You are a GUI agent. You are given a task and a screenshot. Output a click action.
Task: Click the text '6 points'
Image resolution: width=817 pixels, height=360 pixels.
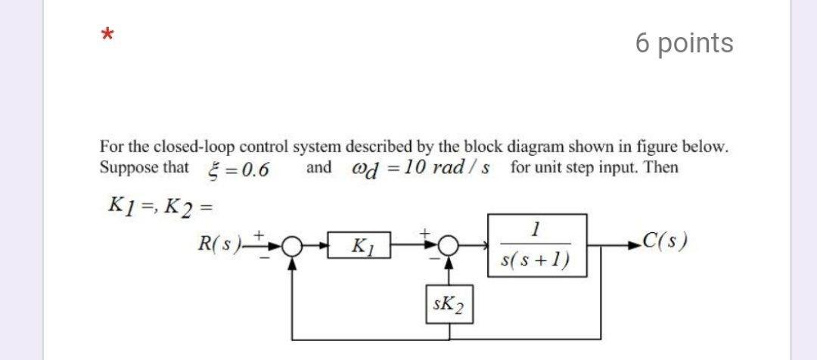684,43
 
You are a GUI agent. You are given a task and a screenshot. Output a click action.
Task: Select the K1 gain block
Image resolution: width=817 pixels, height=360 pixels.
359,246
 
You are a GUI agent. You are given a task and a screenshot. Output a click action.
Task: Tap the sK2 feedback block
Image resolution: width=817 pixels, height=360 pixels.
449,306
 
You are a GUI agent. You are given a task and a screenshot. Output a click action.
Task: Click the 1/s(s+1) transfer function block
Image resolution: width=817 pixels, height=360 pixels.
536,244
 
